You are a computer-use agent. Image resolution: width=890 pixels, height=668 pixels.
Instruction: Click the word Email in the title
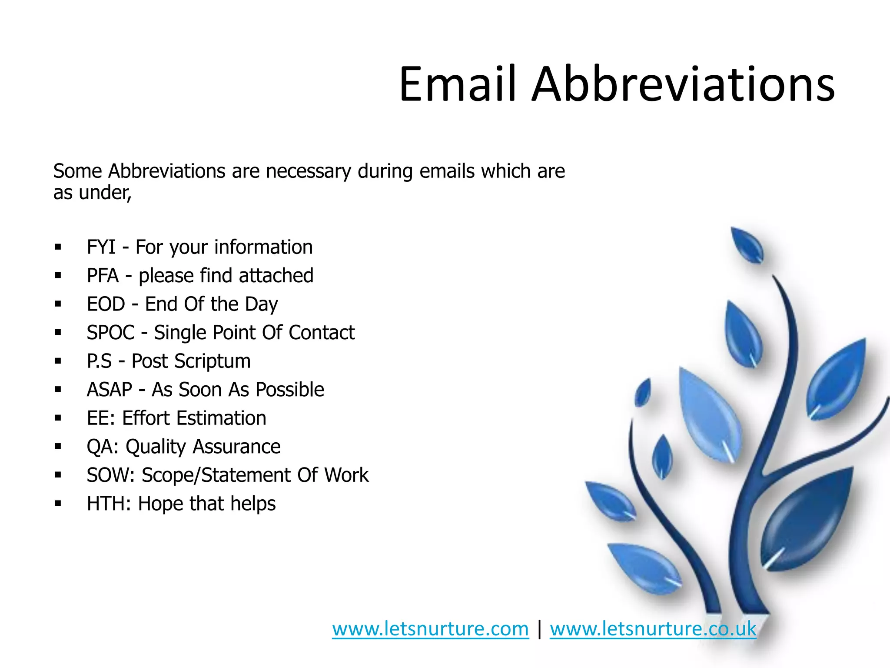458,84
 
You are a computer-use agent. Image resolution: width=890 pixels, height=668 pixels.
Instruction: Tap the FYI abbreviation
101,247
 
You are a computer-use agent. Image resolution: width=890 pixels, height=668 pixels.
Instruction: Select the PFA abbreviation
103,276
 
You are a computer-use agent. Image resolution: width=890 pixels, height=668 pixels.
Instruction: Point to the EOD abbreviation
106,304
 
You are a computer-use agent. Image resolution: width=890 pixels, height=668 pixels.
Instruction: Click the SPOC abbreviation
110,333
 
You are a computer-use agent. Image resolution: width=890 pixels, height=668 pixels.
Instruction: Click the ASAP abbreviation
109,390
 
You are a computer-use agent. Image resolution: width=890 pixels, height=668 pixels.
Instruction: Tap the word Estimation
221,418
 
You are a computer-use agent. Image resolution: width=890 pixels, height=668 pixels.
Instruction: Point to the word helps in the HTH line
253,504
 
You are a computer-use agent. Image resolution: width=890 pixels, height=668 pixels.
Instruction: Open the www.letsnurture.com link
430,629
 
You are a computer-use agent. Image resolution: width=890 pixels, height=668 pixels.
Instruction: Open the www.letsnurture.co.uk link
653,629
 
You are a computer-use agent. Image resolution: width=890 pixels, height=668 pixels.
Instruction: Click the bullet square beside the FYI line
58,247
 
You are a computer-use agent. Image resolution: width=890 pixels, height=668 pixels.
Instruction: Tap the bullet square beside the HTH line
58,504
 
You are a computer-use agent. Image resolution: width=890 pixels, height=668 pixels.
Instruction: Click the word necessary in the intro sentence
308,171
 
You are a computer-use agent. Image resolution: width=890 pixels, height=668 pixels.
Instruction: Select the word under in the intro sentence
104,193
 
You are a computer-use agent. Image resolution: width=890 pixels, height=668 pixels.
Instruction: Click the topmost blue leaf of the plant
746,245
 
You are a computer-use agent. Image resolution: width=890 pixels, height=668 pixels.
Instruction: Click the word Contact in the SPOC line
322,333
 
